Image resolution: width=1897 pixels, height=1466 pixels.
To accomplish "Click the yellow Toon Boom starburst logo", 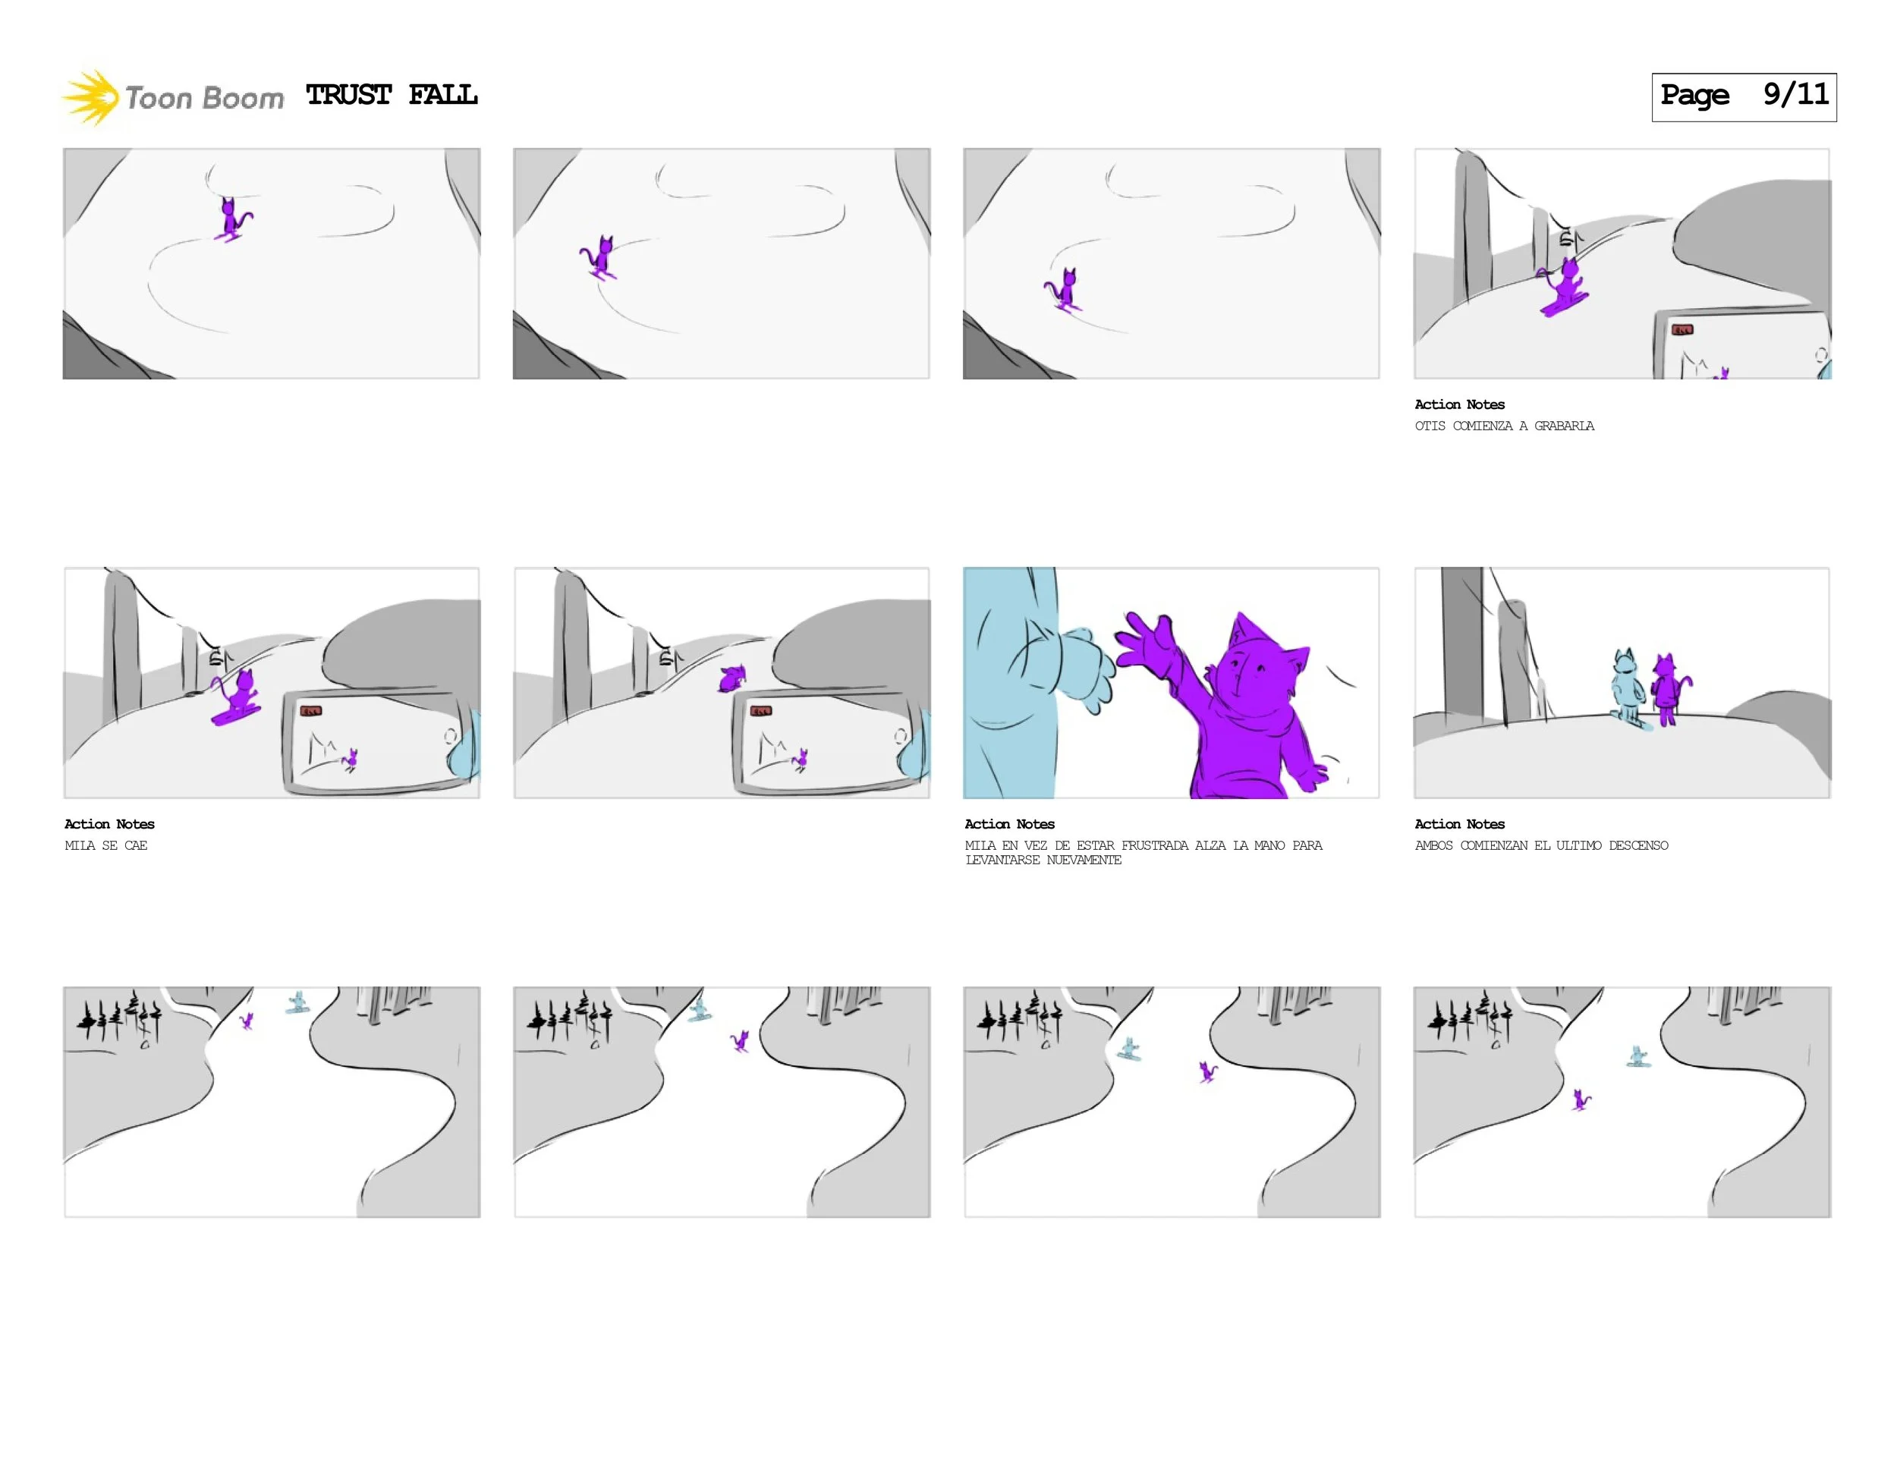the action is coord(90,97).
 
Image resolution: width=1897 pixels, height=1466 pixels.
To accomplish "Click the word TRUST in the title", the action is coord(348,95).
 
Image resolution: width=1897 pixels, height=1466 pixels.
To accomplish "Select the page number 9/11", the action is coord(1795,95).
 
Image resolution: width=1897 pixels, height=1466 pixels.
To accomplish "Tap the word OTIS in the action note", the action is coord(1430,426).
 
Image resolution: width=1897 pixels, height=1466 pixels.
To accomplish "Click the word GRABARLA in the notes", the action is coord(1563,426).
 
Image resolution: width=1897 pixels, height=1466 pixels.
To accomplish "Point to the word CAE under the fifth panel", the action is coord(136,845).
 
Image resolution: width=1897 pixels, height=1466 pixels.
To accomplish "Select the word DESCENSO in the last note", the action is coord(1637,845).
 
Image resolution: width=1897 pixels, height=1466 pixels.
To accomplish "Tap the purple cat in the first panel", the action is coord(232,219).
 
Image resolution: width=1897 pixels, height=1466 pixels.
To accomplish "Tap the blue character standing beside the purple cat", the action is coord(1627,686).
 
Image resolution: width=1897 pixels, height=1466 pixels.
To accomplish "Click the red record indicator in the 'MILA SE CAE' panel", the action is coord(310,710).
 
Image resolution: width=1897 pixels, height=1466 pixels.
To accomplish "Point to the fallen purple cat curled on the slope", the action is coord(732,678).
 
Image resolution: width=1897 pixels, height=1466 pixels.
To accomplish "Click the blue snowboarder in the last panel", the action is coord(1638,1056).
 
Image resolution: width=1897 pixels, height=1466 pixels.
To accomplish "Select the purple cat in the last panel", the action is coord(1581,1100).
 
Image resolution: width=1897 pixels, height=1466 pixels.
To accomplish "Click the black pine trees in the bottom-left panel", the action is coord(120,1017).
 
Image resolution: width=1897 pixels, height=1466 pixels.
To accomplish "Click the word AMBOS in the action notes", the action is coord(1433,845).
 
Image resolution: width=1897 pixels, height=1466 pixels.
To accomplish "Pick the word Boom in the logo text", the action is coord(244,98).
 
